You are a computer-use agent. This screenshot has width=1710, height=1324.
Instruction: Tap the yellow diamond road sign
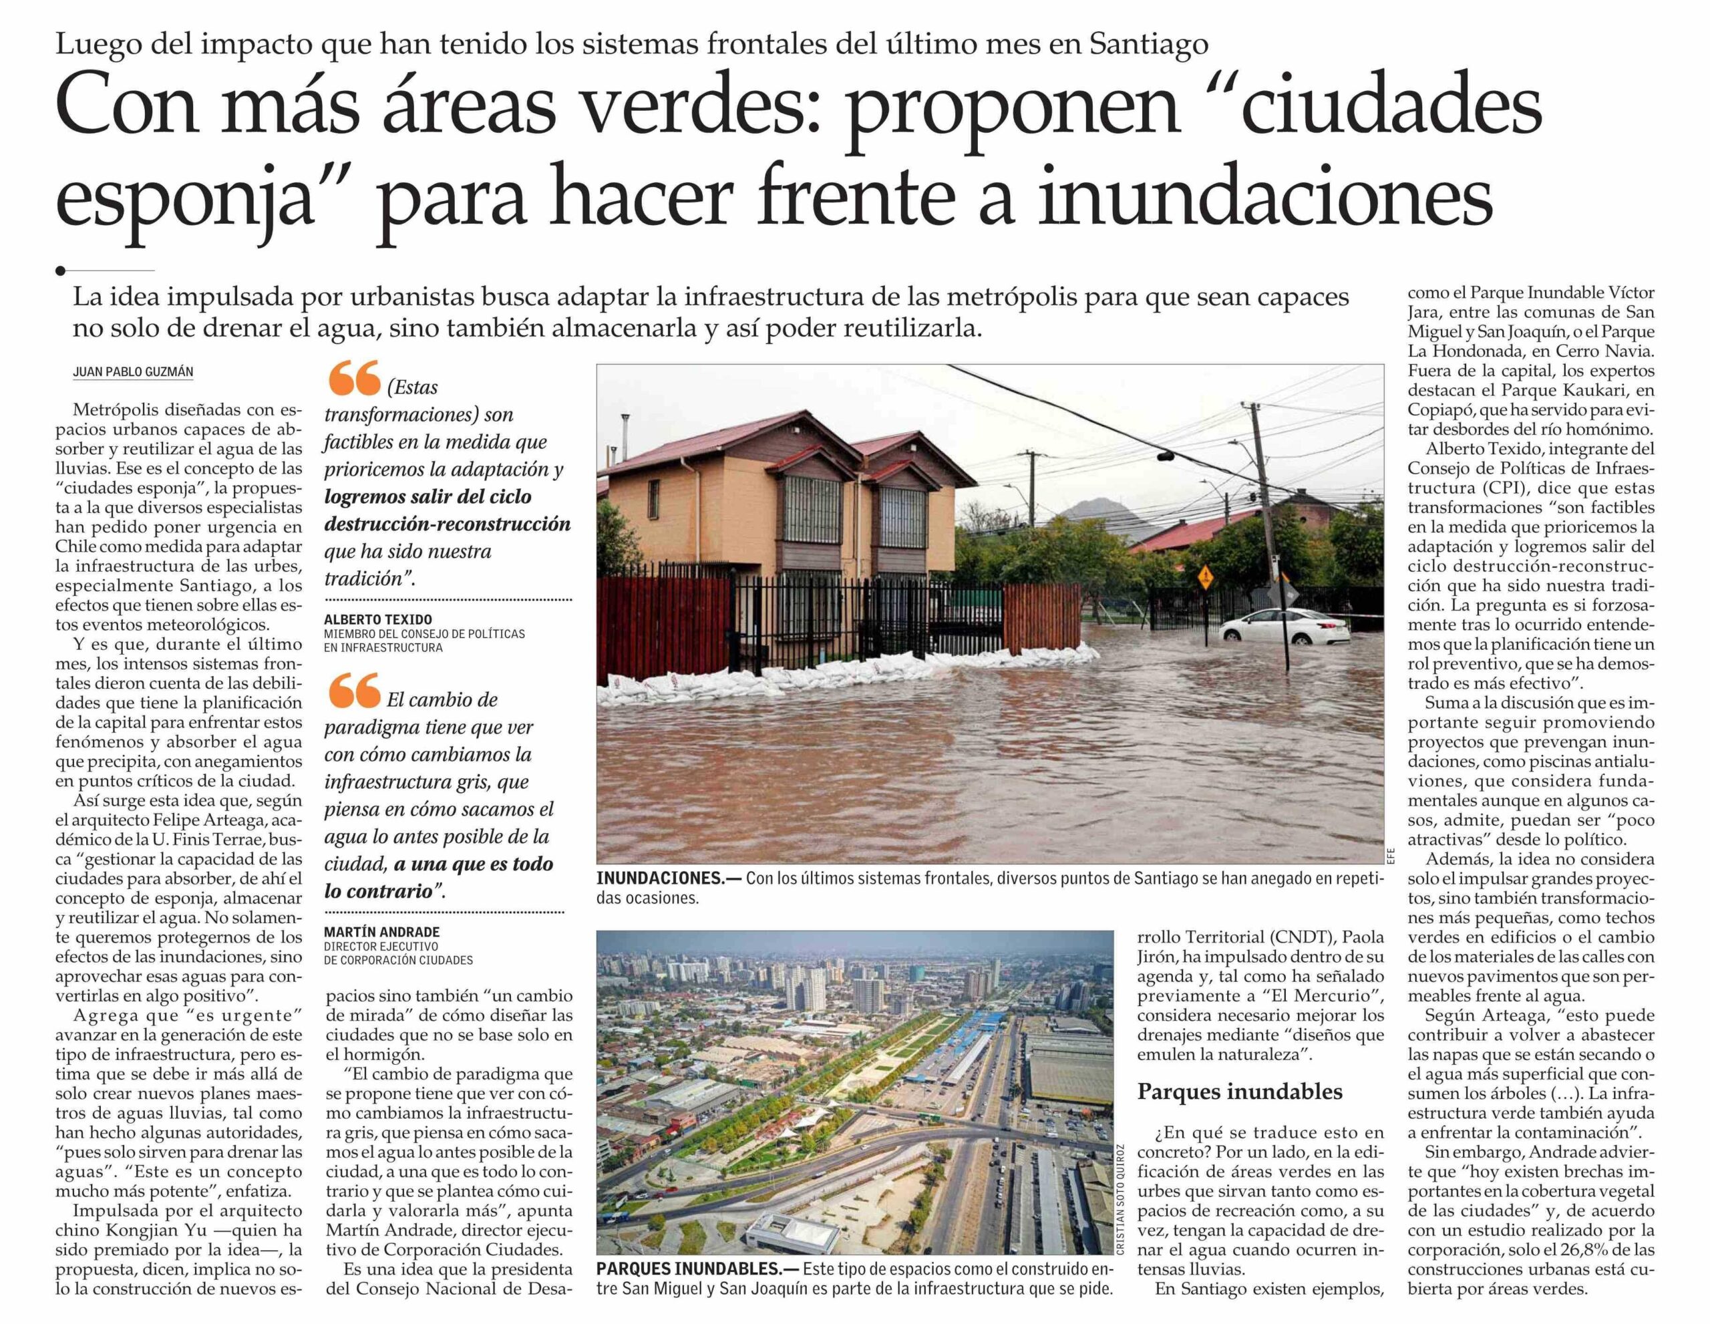coord(1205,578)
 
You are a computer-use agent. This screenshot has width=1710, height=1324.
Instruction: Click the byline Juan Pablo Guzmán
coord(132,372)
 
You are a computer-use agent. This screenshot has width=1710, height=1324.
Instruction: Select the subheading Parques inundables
coord(1240,1092)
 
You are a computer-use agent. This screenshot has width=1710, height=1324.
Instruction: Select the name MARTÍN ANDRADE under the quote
coord(381,932)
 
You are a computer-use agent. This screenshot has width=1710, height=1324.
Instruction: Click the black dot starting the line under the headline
coord(61,271)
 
